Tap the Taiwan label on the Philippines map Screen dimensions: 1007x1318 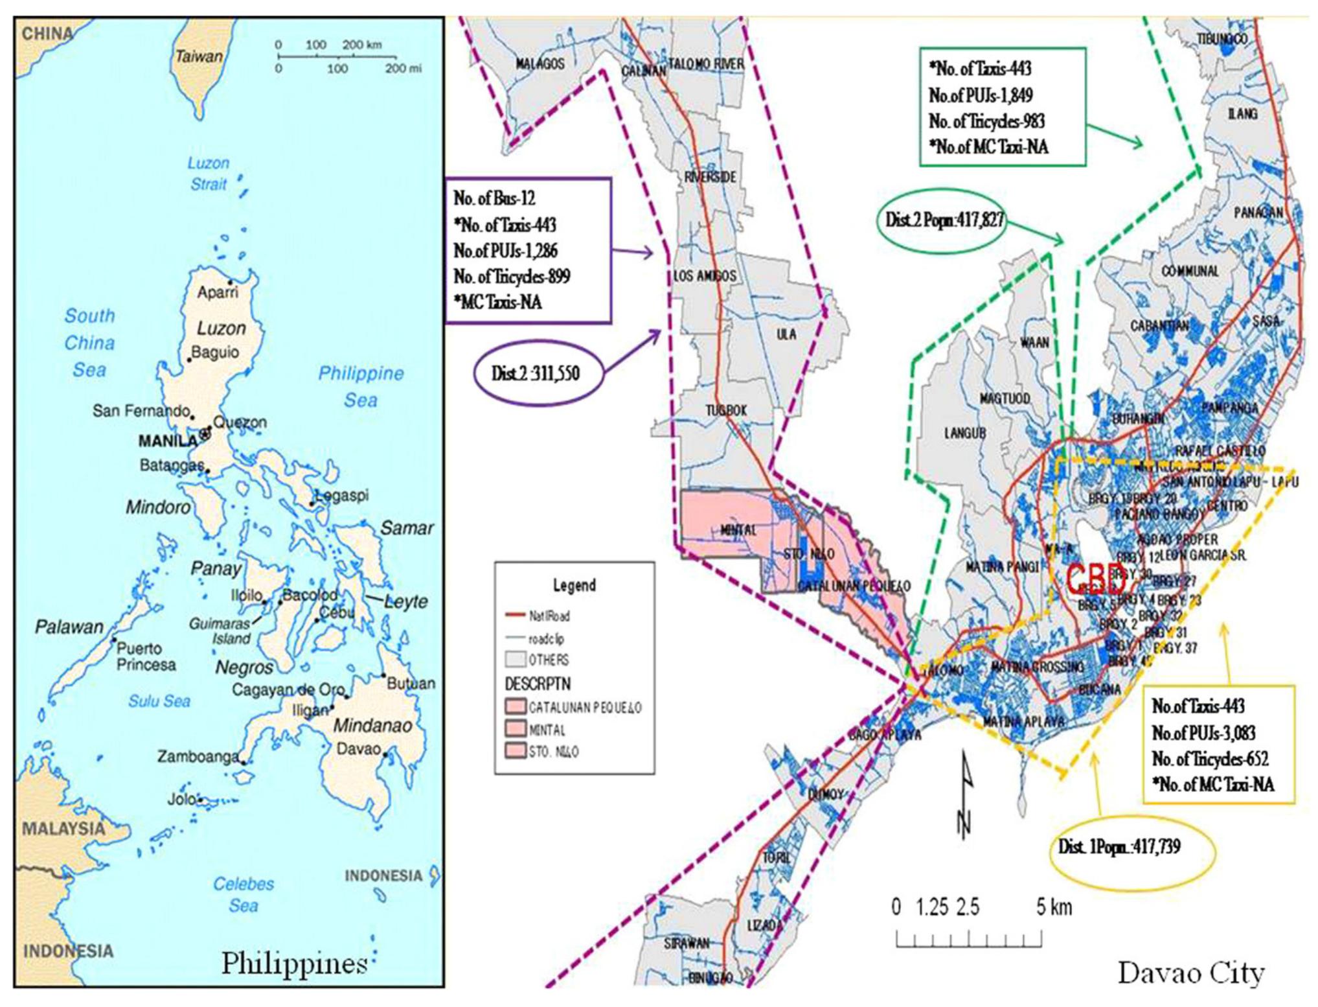tap(199, 57)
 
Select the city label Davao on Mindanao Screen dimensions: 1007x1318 tap(358, 748)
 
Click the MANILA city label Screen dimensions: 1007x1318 tap(167, 441)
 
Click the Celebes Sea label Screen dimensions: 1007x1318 tap(244, 894)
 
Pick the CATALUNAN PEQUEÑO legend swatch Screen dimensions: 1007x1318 tap(516, 707)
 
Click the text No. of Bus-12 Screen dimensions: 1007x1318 tap(494, 198)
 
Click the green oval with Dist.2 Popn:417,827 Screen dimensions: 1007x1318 tap(944, 220)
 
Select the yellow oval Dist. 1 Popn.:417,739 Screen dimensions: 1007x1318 tap(1119, 847)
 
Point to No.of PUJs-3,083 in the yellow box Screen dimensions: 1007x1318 tap(1203, 733)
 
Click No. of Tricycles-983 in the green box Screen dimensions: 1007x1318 tap(986, 121)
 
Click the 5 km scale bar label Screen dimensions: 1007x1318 tap(1054, 907)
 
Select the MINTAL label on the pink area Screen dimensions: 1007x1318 tap(738, 530)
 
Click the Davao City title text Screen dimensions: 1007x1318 tap(1190, 973)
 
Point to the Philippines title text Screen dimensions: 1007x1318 tap(295, 964)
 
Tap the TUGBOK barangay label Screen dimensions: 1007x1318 tap(726, 410)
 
